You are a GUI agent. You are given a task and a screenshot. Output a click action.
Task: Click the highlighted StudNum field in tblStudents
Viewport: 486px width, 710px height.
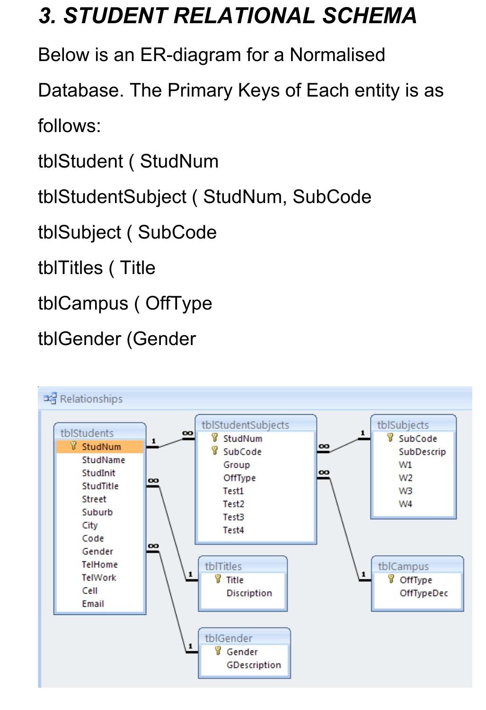(x=101, y=447)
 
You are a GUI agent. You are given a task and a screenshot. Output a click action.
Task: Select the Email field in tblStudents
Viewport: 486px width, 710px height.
(x=93, y=604)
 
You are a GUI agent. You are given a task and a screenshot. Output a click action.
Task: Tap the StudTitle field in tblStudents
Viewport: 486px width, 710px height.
(x=100, y=486)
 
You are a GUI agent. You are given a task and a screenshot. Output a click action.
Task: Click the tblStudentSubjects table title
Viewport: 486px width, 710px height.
(x=245, y=425)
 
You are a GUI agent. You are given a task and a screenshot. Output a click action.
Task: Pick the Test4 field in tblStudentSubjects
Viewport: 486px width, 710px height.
(x=233, y=531)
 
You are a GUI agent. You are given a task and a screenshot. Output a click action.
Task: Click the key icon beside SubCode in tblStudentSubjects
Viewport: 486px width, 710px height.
(x=215, y=452)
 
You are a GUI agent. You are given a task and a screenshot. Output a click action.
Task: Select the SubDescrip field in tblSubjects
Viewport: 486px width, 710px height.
(x=422, y=452)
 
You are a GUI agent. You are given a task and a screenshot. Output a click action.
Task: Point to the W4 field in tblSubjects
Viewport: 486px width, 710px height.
(x=405, y=504)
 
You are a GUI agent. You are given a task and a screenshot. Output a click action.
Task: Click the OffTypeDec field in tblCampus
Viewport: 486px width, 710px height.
(x=424, y=594)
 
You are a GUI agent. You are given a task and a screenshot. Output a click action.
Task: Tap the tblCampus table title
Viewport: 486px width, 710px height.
(x=403, y=567)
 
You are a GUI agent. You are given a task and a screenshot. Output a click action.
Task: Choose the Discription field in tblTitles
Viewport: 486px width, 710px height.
(x=249, y=594)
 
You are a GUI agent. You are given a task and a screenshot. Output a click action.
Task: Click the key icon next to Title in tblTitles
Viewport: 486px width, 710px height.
(x=218, y=579)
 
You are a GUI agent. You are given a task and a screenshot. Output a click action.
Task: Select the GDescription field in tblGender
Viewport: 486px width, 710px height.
(x=254, y=666)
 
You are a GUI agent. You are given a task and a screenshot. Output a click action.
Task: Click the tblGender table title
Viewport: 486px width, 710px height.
(x=229, y=639)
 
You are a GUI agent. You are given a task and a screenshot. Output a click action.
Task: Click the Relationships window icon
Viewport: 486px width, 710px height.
(x=50, y=399)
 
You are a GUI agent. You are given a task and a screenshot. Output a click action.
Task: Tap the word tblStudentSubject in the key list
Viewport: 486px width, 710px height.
(x=112, y=197)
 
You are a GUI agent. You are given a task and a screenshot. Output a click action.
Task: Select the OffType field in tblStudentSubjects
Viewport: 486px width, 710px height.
(x=239, y=478)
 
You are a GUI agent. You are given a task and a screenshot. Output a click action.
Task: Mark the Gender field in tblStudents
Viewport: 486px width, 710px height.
(x=97, y=551)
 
